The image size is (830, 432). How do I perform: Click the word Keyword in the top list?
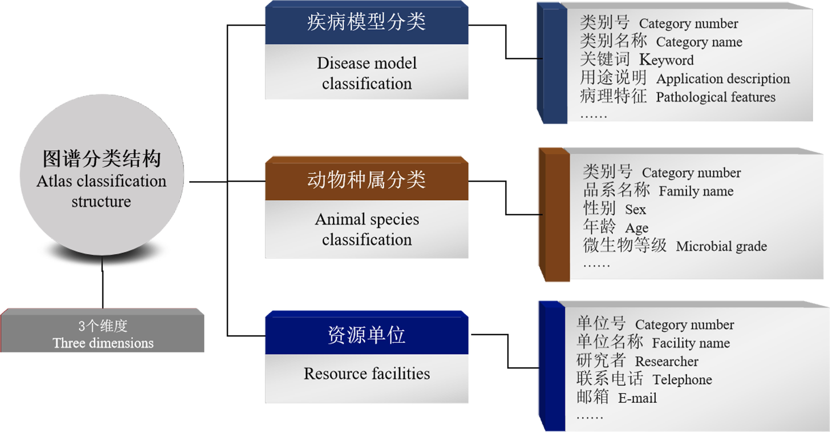[x=666, y=60]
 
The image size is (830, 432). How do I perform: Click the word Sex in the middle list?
[x=635, y=210]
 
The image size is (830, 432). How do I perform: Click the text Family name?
[x=696, y=191]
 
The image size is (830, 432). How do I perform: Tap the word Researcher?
[x=666, y=361]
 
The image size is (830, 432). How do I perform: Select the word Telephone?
[x=682, y=380]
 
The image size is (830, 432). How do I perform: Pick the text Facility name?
[x=691, y=343]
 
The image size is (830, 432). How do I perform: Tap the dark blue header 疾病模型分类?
[x=366, y=23]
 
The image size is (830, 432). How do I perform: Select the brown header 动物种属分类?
[x=366, y=180]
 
